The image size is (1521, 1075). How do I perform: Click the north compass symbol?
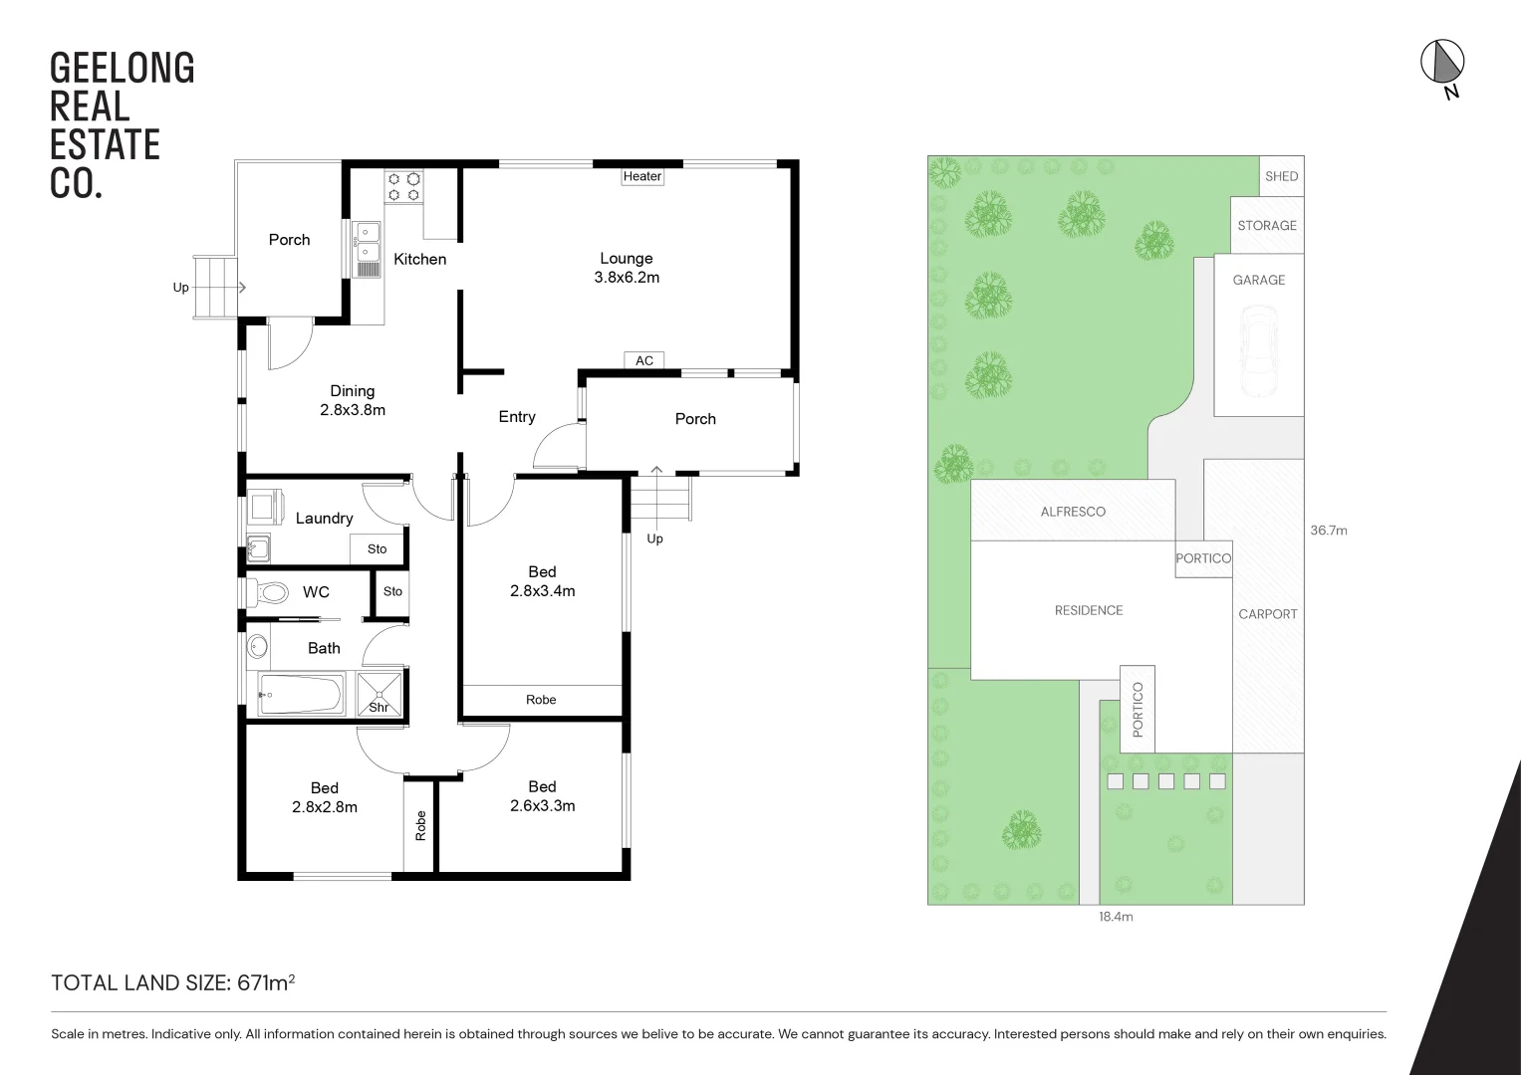1441,64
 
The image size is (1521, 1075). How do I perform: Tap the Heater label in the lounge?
642,176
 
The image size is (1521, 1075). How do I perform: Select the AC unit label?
644,360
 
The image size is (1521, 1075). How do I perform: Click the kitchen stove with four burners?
404,187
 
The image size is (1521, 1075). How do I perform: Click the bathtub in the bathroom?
301,694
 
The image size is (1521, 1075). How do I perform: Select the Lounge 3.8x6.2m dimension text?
627,278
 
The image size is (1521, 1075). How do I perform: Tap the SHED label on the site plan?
1281,176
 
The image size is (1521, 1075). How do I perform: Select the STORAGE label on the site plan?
1267,226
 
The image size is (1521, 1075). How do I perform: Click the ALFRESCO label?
1073,512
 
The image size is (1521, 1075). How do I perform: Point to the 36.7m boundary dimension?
1328,531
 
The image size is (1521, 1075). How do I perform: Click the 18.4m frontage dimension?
1116,917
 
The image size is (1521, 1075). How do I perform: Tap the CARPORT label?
1267,614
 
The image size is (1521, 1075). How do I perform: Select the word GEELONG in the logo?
122,69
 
